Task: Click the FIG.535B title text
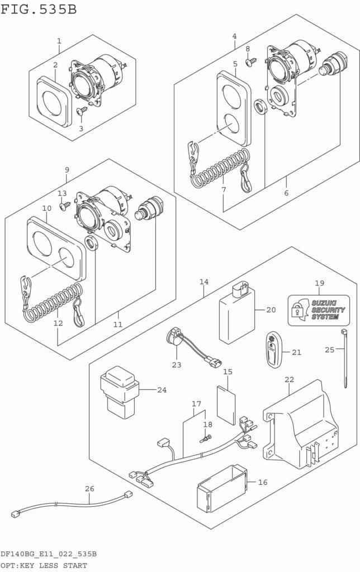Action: tap(39, 9)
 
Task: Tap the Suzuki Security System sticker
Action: tap(319, 311)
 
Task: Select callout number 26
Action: tap(89, 489)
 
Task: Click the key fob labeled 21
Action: tap(274, 351)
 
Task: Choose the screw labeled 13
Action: tap(64, 205)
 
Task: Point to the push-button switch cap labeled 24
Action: tap(118, 390)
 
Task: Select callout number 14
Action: tap(203, 282)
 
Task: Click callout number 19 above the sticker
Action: tap(319, 283)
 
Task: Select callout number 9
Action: tap(67, 170)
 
